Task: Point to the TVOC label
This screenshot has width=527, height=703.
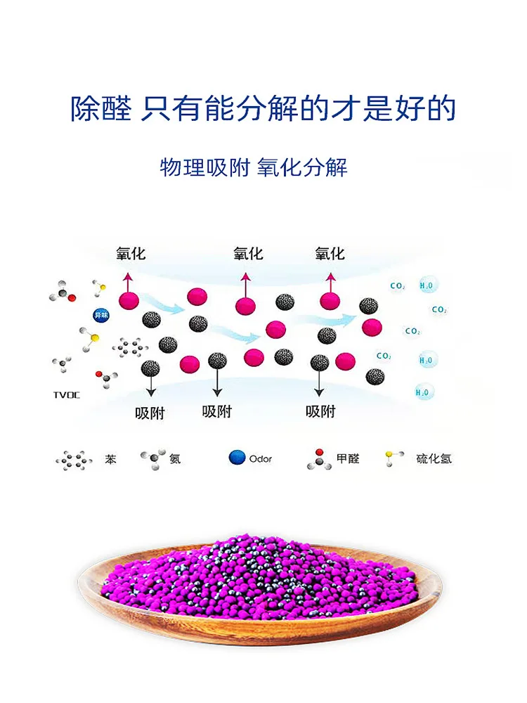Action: pyautogui.click(x=66, y=395)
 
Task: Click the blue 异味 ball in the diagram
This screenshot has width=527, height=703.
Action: pyautogui.click(x=100, y=315)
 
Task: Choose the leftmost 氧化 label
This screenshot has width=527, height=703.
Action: pyautogui.click(x=131, y=253)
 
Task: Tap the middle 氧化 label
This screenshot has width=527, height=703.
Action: pyautogui.click(x=248, y=253)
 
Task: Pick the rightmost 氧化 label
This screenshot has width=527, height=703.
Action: pyautogui.click(x=330, y=253)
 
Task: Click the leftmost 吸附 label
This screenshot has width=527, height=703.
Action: pyautogui.click(x=150, y=413)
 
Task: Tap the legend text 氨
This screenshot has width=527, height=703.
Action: pyautogui.click(x=175, y=459)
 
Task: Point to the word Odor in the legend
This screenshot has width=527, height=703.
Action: pyautogui.click(x=260, y=459)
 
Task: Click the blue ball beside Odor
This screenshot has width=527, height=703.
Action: pyautogui.click(x=236, y=458)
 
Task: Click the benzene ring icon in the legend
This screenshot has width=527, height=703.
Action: pyautogui.click(x=74, y=460)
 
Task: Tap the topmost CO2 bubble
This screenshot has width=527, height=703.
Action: pyautogui.click(x=398, y=286)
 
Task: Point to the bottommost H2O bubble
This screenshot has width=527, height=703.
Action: pyautogui.click(x=423, y=392)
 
